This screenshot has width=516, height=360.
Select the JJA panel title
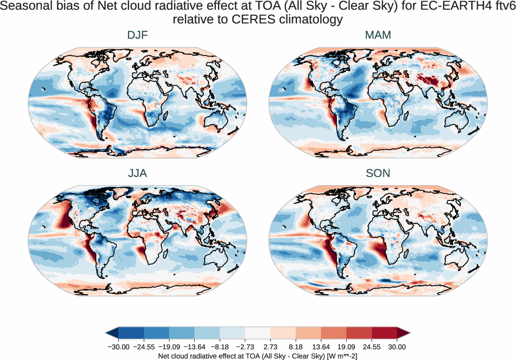pos(137,173)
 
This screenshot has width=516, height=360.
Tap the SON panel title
pos(378,173)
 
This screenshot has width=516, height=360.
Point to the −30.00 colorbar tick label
pos(118,347)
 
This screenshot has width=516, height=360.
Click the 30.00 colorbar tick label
pos(397,347)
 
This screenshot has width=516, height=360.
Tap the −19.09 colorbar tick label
pos(169,347)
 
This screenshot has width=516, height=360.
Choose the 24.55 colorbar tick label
pos(372,347)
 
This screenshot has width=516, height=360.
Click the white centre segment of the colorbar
pos(258,333)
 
